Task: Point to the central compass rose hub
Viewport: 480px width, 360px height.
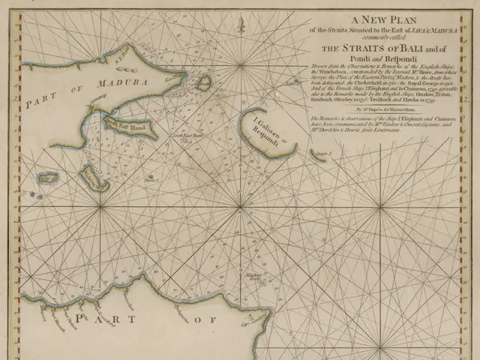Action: point(239,204)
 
